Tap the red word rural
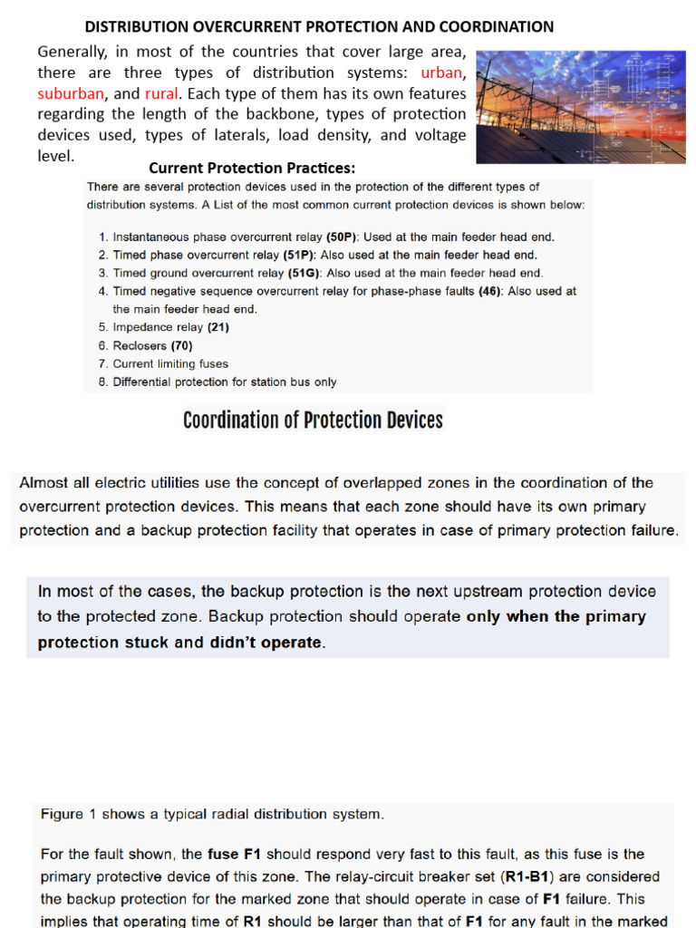163,93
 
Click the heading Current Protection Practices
252,168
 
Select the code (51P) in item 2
299,255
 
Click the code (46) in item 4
491,291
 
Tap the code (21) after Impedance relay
218,327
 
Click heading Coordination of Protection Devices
313,420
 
